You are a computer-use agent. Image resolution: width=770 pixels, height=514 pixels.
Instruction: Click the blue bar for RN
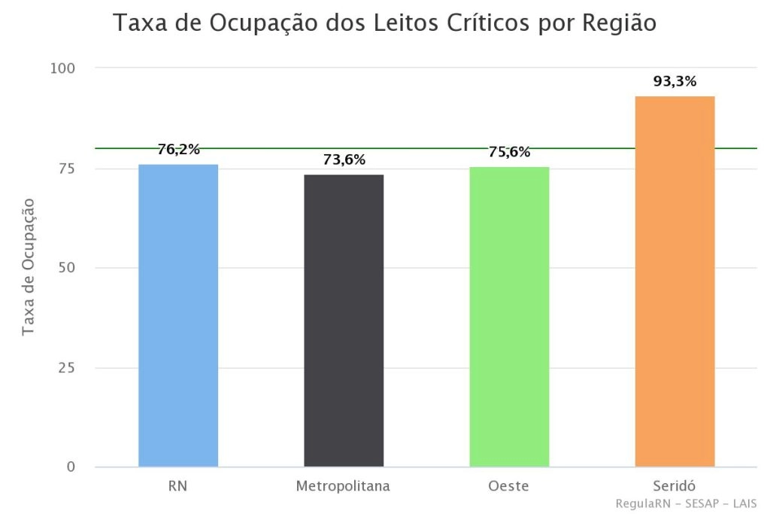(178, 315)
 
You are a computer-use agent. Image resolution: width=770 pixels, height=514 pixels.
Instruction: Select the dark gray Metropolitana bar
(344, 321)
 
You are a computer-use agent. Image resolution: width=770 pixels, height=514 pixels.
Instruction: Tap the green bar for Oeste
(509, 316)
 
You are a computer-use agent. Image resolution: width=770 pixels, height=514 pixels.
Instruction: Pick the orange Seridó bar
(675, 281)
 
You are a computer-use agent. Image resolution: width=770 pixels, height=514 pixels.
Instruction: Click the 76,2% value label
(178, 149)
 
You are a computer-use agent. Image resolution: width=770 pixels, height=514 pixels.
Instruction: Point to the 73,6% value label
(344, 160)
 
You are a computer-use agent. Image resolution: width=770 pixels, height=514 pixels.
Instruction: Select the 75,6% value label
(509, 151)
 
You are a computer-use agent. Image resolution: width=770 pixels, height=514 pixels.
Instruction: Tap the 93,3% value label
(675, 81)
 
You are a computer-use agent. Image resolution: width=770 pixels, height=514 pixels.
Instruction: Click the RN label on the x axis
(178, 485)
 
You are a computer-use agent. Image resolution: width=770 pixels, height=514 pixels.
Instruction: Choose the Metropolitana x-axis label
(343, 485)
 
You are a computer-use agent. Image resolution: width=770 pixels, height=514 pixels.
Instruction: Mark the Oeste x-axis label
(508, 485)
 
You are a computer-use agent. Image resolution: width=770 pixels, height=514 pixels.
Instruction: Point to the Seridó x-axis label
(675, 485)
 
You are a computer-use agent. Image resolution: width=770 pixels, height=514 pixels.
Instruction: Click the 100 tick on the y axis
(63, 68)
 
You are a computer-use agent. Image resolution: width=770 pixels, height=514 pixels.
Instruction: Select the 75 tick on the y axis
(67, 169)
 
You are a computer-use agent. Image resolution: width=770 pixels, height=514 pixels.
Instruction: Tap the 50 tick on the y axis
(67, 268)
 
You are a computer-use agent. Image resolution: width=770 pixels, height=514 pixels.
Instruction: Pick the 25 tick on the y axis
(67, 368)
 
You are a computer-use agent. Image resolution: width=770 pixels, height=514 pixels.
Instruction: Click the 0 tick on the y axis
(71, 467)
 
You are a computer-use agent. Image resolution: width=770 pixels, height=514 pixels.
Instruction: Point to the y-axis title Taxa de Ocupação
(29, 266)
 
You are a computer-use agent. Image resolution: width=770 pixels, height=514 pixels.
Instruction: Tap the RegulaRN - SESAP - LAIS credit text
(685, 503)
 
